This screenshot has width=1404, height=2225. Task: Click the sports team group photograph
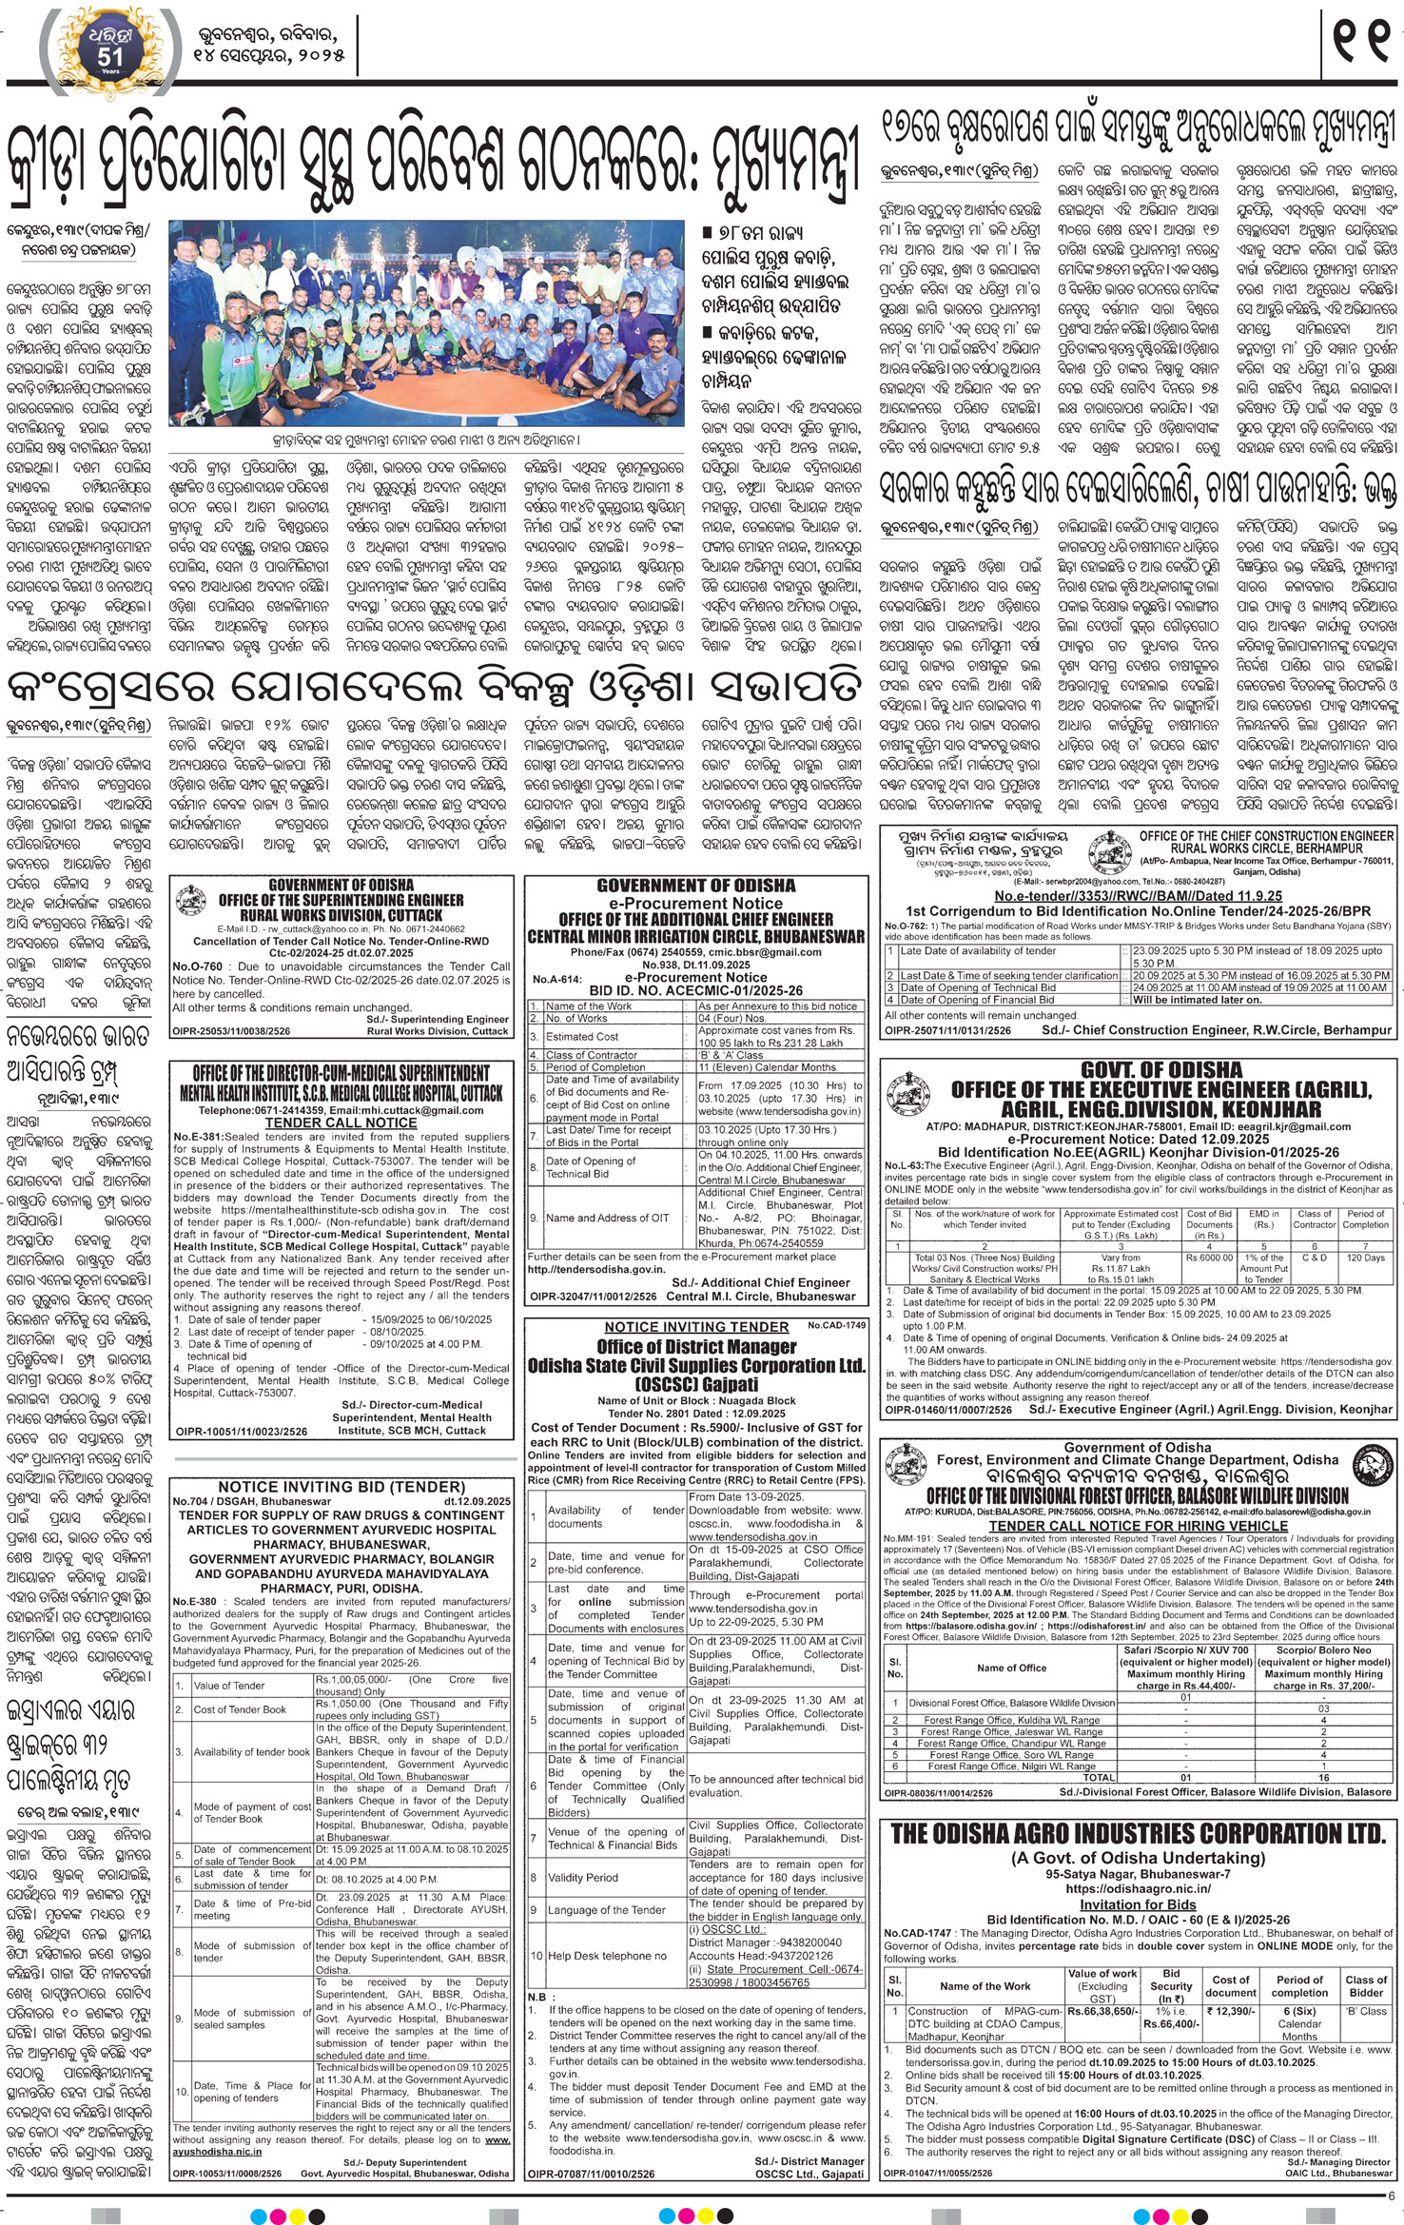point(426,323)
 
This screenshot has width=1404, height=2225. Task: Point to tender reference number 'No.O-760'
point(198,965)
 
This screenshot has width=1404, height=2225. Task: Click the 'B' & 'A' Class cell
point(731,1055)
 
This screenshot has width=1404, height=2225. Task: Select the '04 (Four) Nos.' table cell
point(731,1018)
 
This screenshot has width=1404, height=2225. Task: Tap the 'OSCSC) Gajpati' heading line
point(697,1383)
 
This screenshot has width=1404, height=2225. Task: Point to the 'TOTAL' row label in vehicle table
point(1099,1777)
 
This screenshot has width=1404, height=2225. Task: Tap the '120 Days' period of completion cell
point(1366,1258)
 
